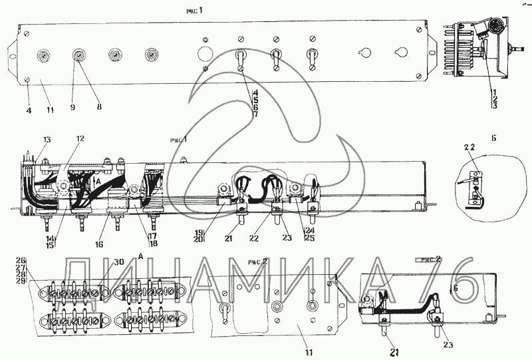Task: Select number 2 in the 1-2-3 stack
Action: coord(494,98)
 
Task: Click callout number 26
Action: coord(21,260)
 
